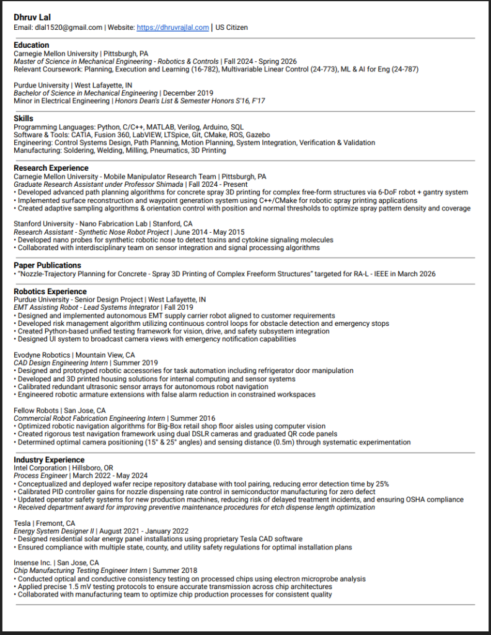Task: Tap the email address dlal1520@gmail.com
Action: (x=68, y=27)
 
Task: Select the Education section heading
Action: (x=31, y=45)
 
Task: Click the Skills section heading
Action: (x=24, y=118)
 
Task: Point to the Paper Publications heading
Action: (x=47, y=265)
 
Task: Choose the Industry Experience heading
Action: (x=49, y=459)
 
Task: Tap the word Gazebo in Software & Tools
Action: (x=257, y=135)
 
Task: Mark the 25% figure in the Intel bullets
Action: (x=382, y=484)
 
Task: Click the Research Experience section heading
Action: (x=51, y=168)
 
